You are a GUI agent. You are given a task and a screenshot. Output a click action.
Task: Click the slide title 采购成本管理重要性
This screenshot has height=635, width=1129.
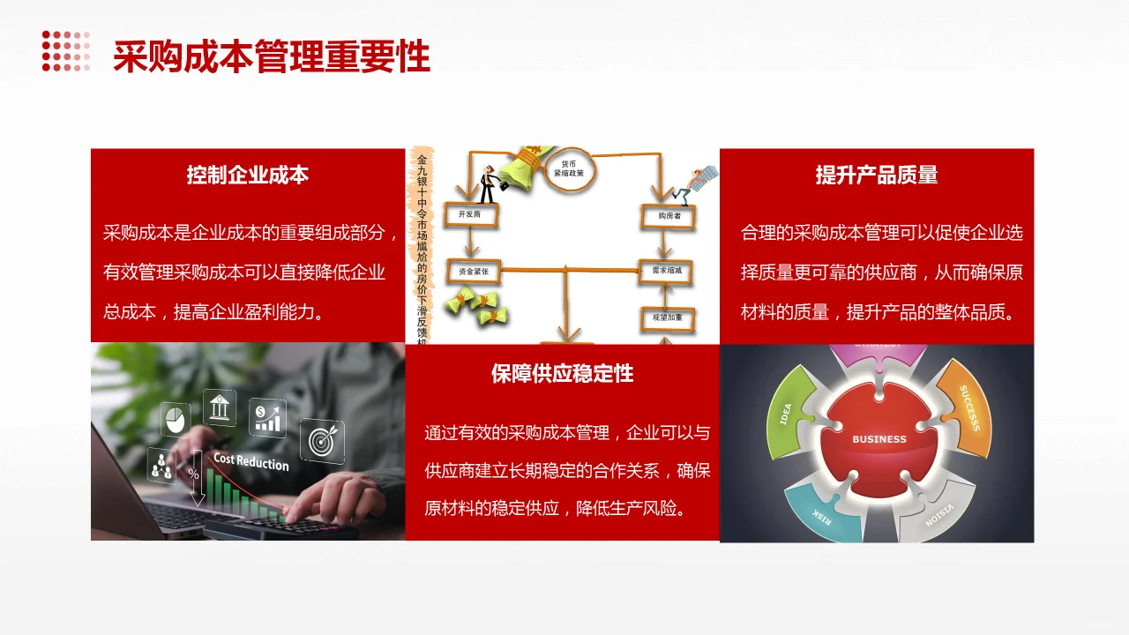[271, 56]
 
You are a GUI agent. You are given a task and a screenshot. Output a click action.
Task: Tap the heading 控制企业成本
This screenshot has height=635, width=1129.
[247, 175]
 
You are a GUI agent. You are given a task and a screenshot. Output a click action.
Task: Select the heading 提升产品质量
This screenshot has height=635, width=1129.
[876, 175]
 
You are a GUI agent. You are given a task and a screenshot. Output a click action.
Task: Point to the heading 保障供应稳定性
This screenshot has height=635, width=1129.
[562, 373]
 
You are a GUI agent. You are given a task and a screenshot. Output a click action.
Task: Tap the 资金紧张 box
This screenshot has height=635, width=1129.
[474, 272]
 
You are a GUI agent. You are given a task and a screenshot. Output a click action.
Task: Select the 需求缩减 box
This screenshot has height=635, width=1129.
[667, 272]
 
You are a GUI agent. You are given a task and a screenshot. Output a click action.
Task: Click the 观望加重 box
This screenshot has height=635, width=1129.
[668, 317]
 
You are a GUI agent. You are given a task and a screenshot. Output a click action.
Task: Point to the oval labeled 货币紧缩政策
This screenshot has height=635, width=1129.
[569, 169]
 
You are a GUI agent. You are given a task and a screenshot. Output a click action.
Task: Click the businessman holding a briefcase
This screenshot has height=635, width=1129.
[488, 182]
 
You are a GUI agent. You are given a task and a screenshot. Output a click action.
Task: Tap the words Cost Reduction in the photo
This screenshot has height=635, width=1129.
[250, 462]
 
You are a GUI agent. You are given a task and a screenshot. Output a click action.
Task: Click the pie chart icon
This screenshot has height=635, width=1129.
[176, 419]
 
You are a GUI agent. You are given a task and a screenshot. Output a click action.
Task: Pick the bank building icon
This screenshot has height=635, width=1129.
[220, 408]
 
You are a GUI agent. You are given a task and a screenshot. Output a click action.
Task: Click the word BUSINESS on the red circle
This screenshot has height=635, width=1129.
[879, 438]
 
